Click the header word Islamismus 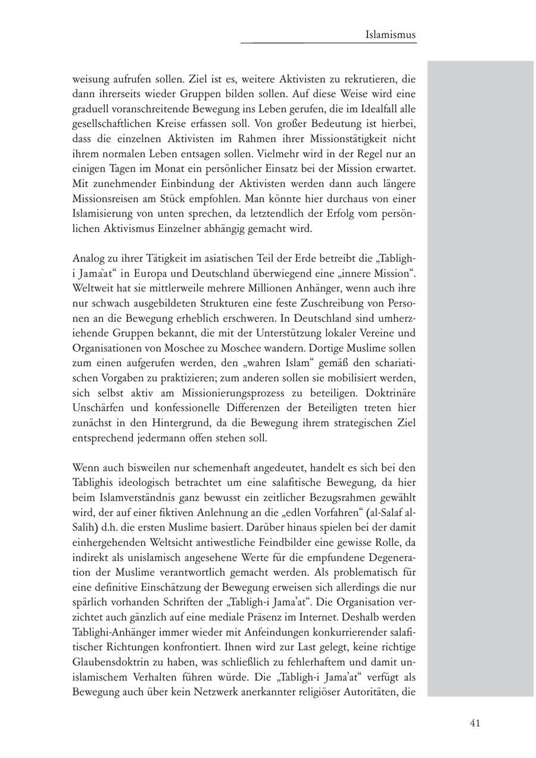391,35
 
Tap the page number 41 475,723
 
